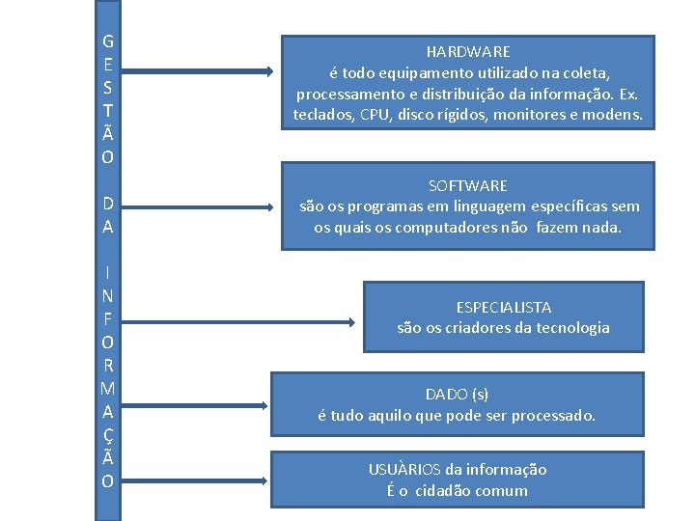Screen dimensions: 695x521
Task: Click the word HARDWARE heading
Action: point(468,51)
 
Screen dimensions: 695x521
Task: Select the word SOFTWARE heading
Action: point(468,185)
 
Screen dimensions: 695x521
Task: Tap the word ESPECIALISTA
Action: point(504,307)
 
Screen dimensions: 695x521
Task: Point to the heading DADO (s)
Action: point(458,394)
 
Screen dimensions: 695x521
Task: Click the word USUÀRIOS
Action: point(403,470)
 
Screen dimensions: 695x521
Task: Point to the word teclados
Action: point(323,116)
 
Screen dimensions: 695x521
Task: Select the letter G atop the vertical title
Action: point(107,42)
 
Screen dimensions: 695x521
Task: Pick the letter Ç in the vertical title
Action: point(107,435)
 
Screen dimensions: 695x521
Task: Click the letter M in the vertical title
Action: point(107,389)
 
